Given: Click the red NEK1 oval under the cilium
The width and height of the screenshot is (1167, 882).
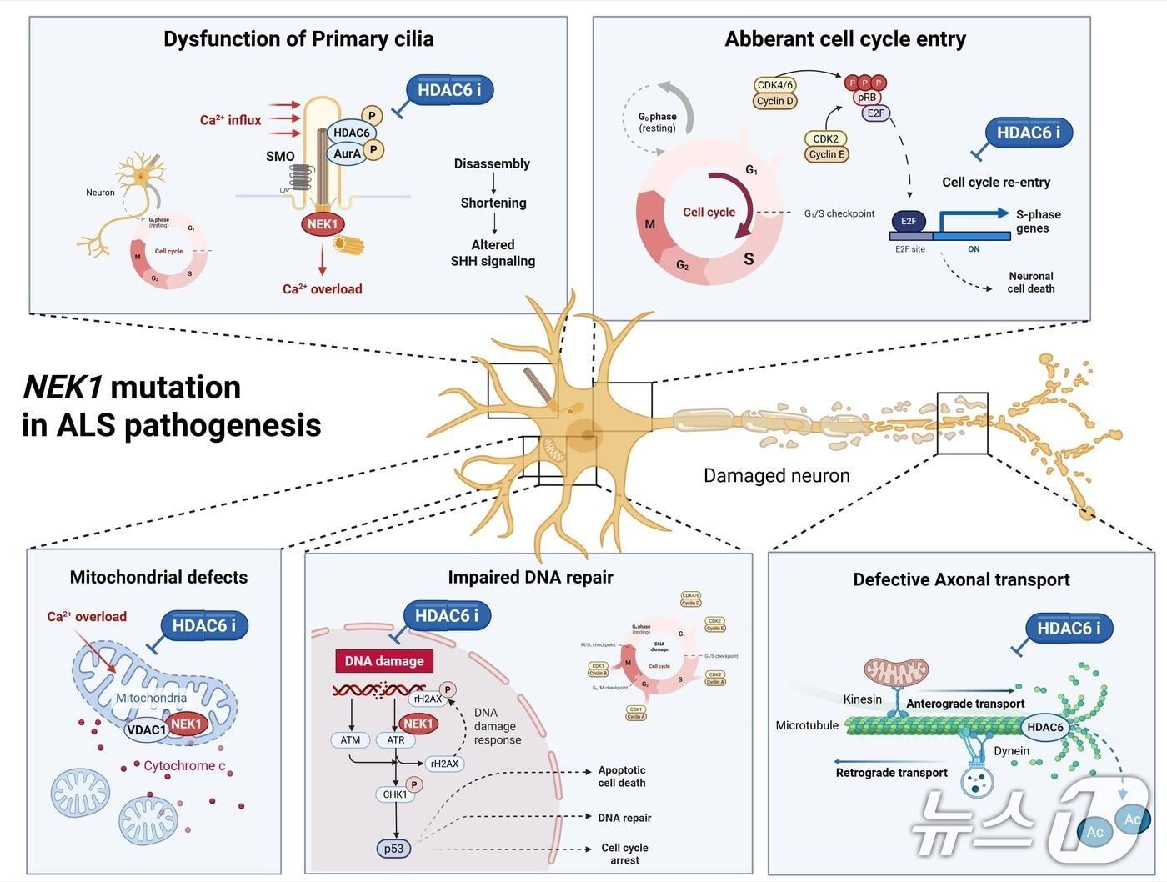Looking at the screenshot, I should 323,224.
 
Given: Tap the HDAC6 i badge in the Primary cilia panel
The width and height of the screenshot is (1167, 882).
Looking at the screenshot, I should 449,90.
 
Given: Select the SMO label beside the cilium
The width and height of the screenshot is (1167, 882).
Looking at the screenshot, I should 280,156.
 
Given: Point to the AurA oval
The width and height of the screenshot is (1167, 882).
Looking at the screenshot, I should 347,153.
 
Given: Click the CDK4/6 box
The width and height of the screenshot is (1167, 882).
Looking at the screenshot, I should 775,85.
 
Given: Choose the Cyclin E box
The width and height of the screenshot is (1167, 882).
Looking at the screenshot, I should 826,154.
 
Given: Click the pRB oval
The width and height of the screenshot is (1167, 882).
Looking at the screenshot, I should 867,98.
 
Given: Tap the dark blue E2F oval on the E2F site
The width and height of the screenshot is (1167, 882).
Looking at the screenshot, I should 909,221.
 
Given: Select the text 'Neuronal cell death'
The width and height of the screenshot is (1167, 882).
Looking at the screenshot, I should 1031,283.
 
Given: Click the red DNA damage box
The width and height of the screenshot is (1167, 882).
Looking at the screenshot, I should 384,661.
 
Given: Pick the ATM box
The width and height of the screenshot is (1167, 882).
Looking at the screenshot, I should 350,739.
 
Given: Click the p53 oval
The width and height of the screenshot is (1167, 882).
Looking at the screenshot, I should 393,849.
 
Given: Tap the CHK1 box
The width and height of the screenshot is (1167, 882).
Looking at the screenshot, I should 395,794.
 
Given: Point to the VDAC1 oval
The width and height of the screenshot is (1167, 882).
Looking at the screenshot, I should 146,730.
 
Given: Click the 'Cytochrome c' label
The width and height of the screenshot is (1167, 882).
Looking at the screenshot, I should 184,765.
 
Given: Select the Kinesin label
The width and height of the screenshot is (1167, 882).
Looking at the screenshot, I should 862,699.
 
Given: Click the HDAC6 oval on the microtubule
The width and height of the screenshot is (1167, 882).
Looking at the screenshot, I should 1045,727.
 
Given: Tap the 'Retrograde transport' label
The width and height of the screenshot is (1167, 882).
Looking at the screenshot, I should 891,773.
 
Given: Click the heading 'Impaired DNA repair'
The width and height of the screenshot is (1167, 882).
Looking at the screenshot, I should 530,577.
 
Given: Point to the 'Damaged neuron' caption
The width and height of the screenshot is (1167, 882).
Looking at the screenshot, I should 776,475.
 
